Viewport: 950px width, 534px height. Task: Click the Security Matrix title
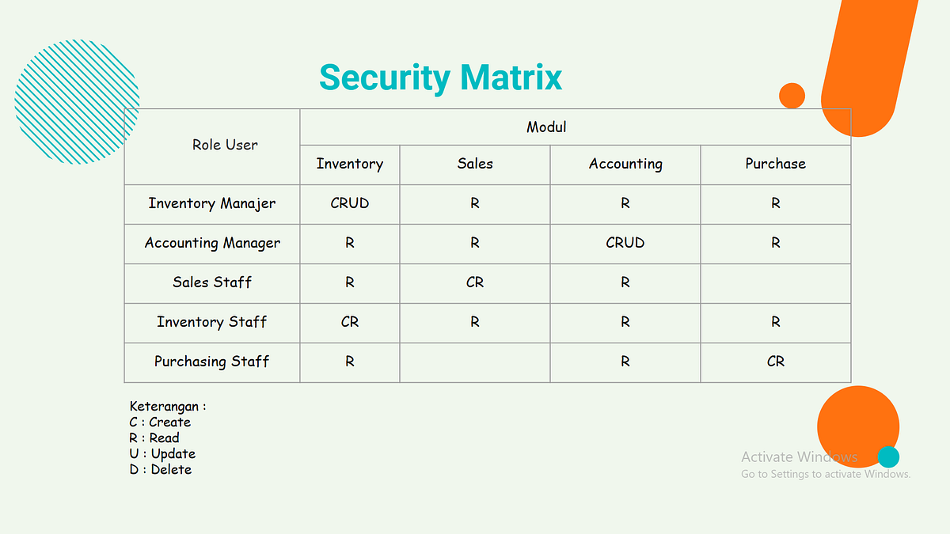coord(440,78)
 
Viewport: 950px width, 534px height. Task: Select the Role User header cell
coord(225,145)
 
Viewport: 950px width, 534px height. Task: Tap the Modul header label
coord(546,127)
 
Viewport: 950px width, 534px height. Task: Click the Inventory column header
coord(349,164)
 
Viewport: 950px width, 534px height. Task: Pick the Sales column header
coord(475,164)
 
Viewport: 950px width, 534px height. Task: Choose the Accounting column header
coord(625,164)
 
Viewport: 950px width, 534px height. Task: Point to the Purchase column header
coord(775,164)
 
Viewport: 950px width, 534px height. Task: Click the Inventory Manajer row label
coord(212,203)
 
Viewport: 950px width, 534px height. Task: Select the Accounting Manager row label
coord(212,243)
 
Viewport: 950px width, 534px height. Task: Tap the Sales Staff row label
coord(212,282)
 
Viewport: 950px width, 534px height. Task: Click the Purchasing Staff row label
coord(212,362)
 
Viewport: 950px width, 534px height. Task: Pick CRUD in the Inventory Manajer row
coord(349,203)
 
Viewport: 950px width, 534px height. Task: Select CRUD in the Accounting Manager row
coord(625,243)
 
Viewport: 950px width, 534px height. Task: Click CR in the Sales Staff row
coord(475,282)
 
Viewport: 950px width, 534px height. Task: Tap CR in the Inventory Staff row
coord(349,322)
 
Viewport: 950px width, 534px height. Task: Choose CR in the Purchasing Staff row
coord(775,362)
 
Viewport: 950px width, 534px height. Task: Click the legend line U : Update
coord(162,454)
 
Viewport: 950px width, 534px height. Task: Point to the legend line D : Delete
coord(161,470)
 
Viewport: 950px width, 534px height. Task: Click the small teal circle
coord(888,457)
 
